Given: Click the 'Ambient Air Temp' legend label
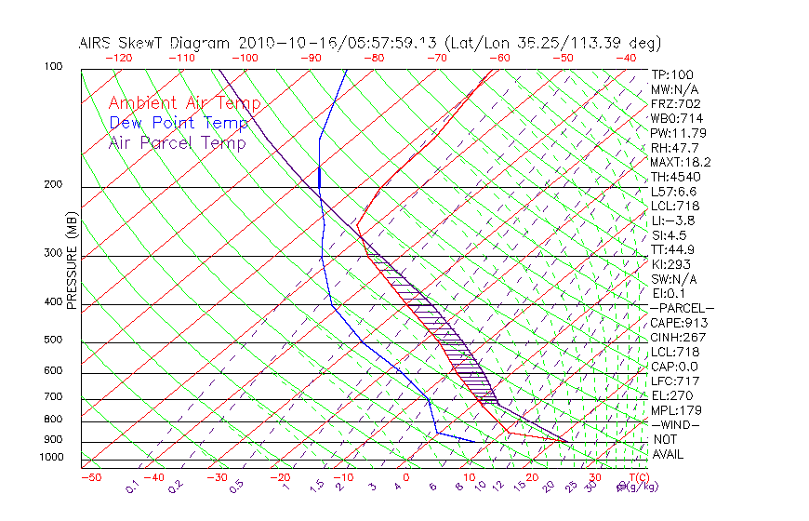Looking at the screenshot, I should click(184, 103).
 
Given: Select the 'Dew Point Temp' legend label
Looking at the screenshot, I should click(179, 123).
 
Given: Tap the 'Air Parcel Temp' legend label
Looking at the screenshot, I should click(178, 142).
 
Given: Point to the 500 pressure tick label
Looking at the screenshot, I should click(53, 340).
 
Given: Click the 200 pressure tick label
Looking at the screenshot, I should click(53, 184).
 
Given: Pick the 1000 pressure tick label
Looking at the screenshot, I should click(50, 457).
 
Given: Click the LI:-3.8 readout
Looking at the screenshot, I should click(672, 220).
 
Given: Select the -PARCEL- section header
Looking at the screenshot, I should click(682, 308).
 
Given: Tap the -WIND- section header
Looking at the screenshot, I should click(675, 424).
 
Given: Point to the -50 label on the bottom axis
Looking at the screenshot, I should click(90, 477).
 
